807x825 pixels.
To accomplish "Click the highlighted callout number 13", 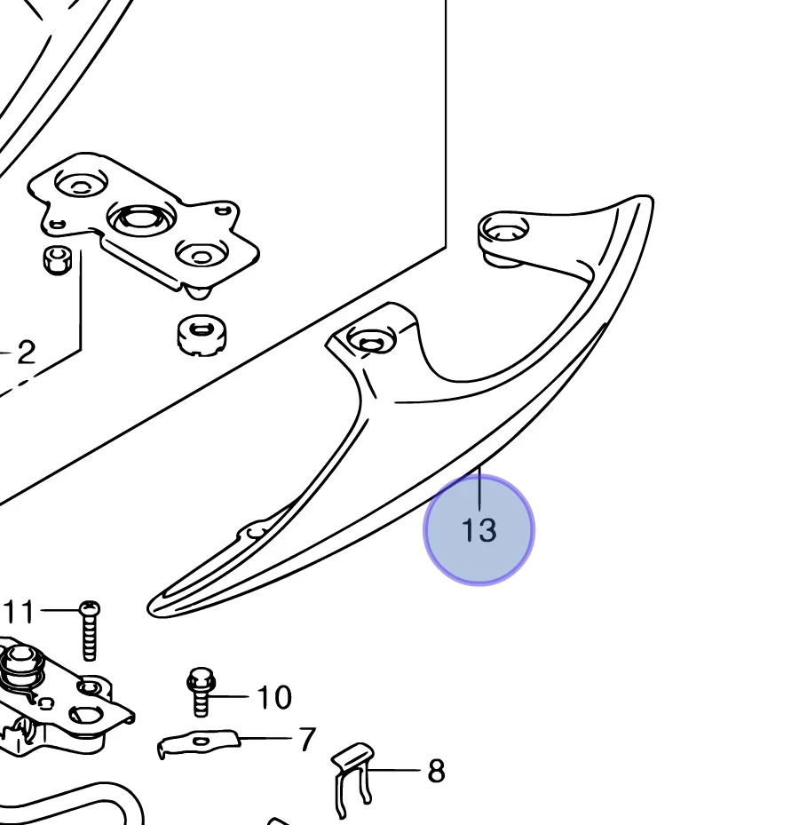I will coord(479,530).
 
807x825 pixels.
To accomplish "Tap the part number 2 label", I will coord(26,353).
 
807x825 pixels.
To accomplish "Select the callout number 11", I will coord(20,612).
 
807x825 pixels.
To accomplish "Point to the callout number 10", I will coord(274,698).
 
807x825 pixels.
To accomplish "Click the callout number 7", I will coord(307,739).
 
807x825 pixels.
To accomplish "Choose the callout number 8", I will coord(435,771).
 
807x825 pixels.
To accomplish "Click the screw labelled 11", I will coord(89,632).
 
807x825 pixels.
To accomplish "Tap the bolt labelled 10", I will coord(199,693).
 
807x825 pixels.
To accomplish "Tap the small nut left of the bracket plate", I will coord(56,259).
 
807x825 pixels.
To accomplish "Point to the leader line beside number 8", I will coord(397,770).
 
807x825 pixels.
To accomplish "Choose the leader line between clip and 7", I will coord(266,738).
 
